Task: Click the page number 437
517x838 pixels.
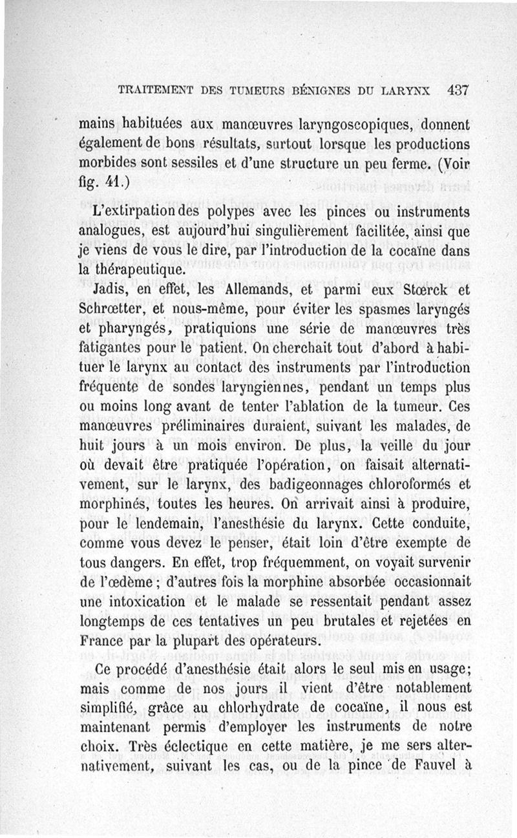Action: [x=457, y=90]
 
